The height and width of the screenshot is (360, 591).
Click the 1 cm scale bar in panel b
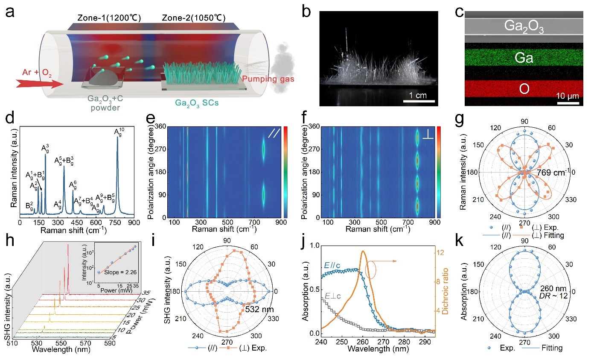(419, 100)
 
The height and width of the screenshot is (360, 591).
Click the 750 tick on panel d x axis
(118, 222)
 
